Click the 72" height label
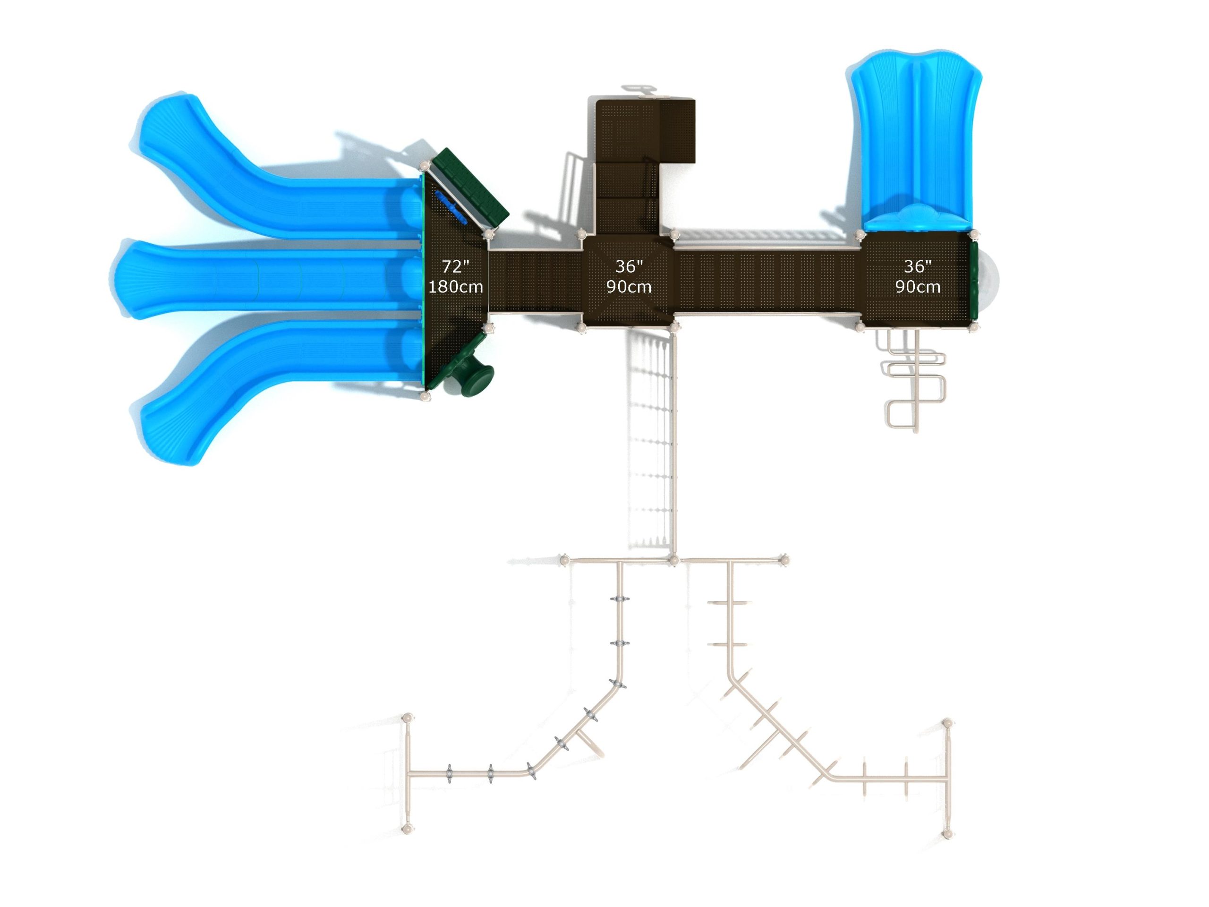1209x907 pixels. (455, 267)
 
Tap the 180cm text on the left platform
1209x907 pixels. (455, 287)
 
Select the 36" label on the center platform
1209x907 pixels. (629, 266)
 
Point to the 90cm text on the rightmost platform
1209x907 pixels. (918, 287)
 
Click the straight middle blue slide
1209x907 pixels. (268, 279)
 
